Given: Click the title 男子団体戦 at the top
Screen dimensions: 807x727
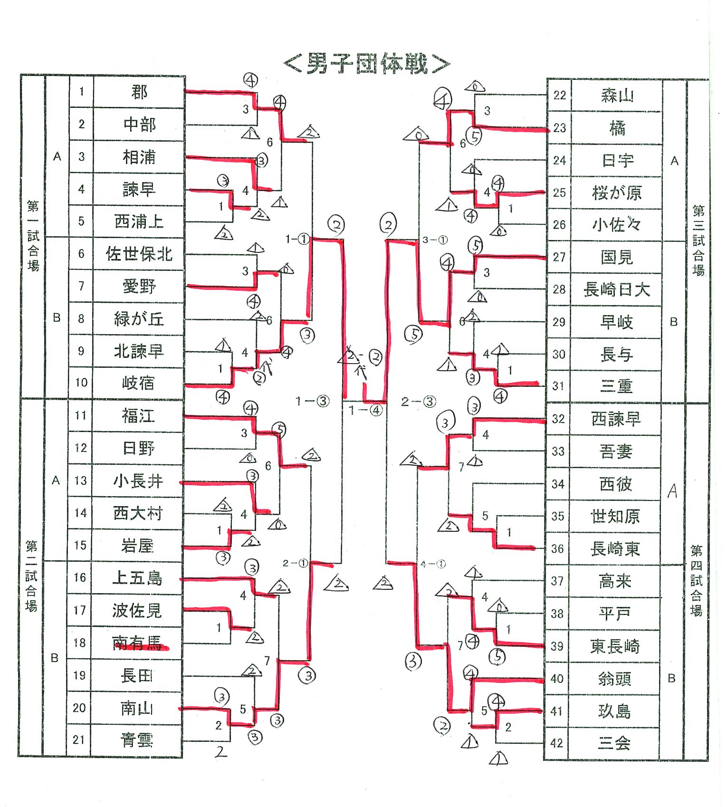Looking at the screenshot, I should point(366,64).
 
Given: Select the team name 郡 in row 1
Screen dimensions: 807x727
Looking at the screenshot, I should point(139,92).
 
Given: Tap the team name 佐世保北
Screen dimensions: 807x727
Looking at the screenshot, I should point(139,254).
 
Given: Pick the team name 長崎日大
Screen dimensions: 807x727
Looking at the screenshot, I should point(616,289).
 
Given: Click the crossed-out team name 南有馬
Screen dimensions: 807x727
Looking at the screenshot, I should point(137,643).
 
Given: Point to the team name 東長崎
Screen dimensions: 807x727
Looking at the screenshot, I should point(615,646).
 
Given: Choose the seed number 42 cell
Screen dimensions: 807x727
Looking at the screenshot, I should point(557,743).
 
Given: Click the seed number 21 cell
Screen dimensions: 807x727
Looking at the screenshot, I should point(79,740).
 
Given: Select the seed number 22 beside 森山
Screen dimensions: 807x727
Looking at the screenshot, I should point(560,96).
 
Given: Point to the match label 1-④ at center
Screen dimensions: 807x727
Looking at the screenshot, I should point(365,410).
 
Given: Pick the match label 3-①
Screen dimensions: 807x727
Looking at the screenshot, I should point(435,240).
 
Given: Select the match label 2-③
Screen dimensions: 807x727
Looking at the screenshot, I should point(418,402).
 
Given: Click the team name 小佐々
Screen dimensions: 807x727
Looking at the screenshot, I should point(616,224).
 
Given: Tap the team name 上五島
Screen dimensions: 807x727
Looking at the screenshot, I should point(137,578).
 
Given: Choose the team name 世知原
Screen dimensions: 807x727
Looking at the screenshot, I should point(615,516).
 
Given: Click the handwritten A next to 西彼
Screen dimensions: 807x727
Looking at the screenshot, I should point(672,490).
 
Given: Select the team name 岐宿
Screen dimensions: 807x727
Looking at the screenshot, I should point(138,383).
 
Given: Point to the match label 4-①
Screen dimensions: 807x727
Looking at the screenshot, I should point(433,564).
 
